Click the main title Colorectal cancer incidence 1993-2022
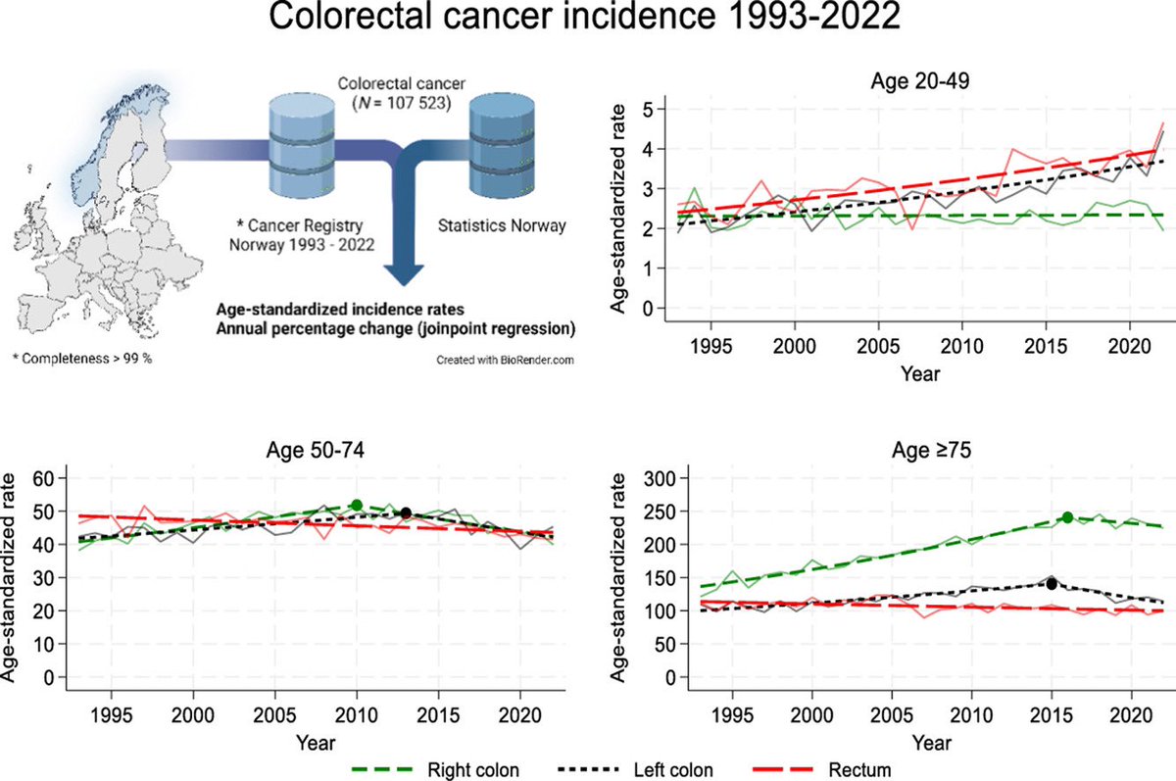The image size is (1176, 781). pos(588,22)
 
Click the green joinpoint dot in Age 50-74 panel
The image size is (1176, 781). pos(357,505)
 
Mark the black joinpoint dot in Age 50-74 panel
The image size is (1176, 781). pos(406,513)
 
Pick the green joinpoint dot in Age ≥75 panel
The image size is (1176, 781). pos(1067,517)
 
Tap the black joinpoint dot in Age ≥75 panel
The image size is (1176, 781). pos(1052,583)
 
